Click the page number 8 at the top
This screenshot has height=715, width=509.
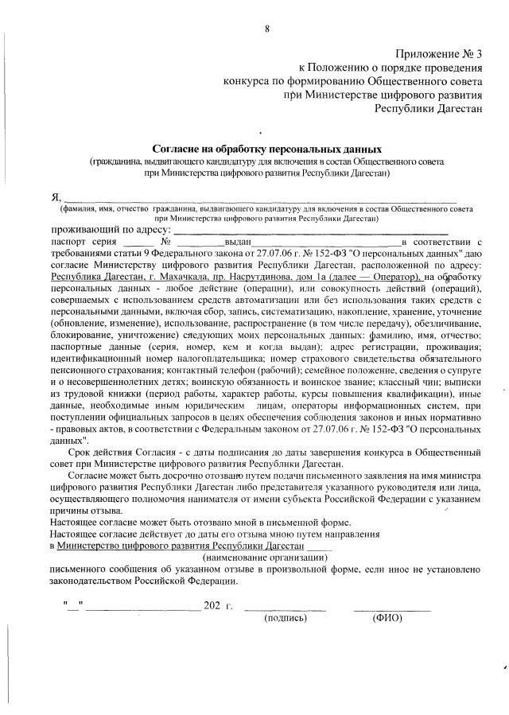click(x=267, y=29)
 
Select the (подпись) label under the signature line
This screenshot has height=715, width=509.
click(x=285, y=618)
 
